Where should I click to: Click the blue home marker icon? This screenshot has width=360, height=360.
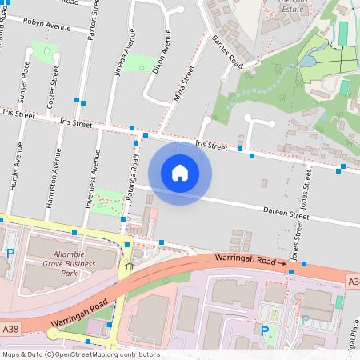[180, 172]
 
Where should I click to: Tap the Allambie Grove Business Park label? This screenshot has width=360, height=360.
[61, 263]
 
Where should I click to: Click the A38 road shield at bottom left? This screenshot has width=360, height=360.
[10, 330]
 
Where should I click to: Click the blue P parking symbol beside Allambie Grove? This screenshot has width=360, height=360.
[10, 254]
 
